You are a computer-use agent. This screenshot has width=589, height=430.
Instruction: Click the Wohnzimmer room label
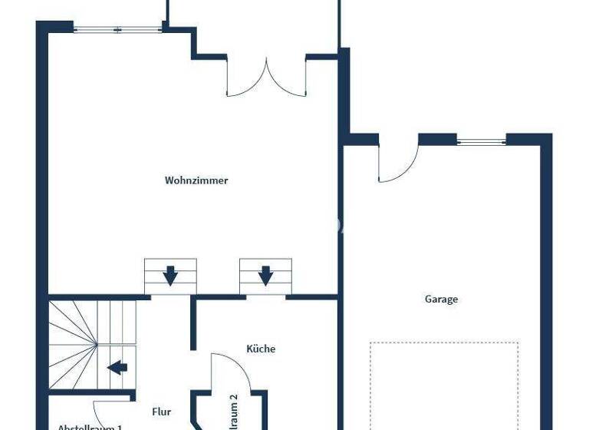pyautogui.click(x=196, y=180)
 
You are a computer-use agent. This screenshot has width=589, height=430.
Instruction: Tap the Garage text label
pyautogui.click(x=441, y=299)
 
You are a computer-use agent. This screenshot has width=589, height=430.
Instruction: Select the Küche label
pyautogui.click(x=261, y=349)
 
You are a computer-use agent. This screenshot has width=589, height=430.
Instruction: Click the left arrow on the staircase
pyautogui.click(x=117, y=367)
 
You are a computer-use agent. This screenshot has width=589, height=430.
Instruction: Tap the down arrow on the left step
pyautogui.click(x=170, y=274)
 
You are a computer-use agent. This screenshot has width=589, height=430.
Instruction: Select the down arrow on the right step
pyautogui.click(x=265, y=274)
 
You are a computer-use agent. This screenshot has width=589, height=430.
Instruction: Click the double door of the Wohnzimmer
pyautogui.click(x=266, y=77)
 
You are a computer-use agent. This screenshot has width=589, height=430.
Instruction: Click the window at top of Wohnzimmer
pyautogui.click(x=118, y=30)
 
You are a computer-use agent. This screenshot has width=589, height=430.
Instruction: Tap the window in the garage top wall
pyautogui.click(x=481, y=141)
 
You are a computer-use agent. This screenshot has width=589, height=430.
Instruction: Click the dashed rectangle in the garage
pyautogui.click(x=444, y=384)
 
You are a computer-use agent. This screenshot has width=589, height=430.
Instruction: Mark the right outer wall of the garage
pyautogui.click(x=546, y=284)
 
